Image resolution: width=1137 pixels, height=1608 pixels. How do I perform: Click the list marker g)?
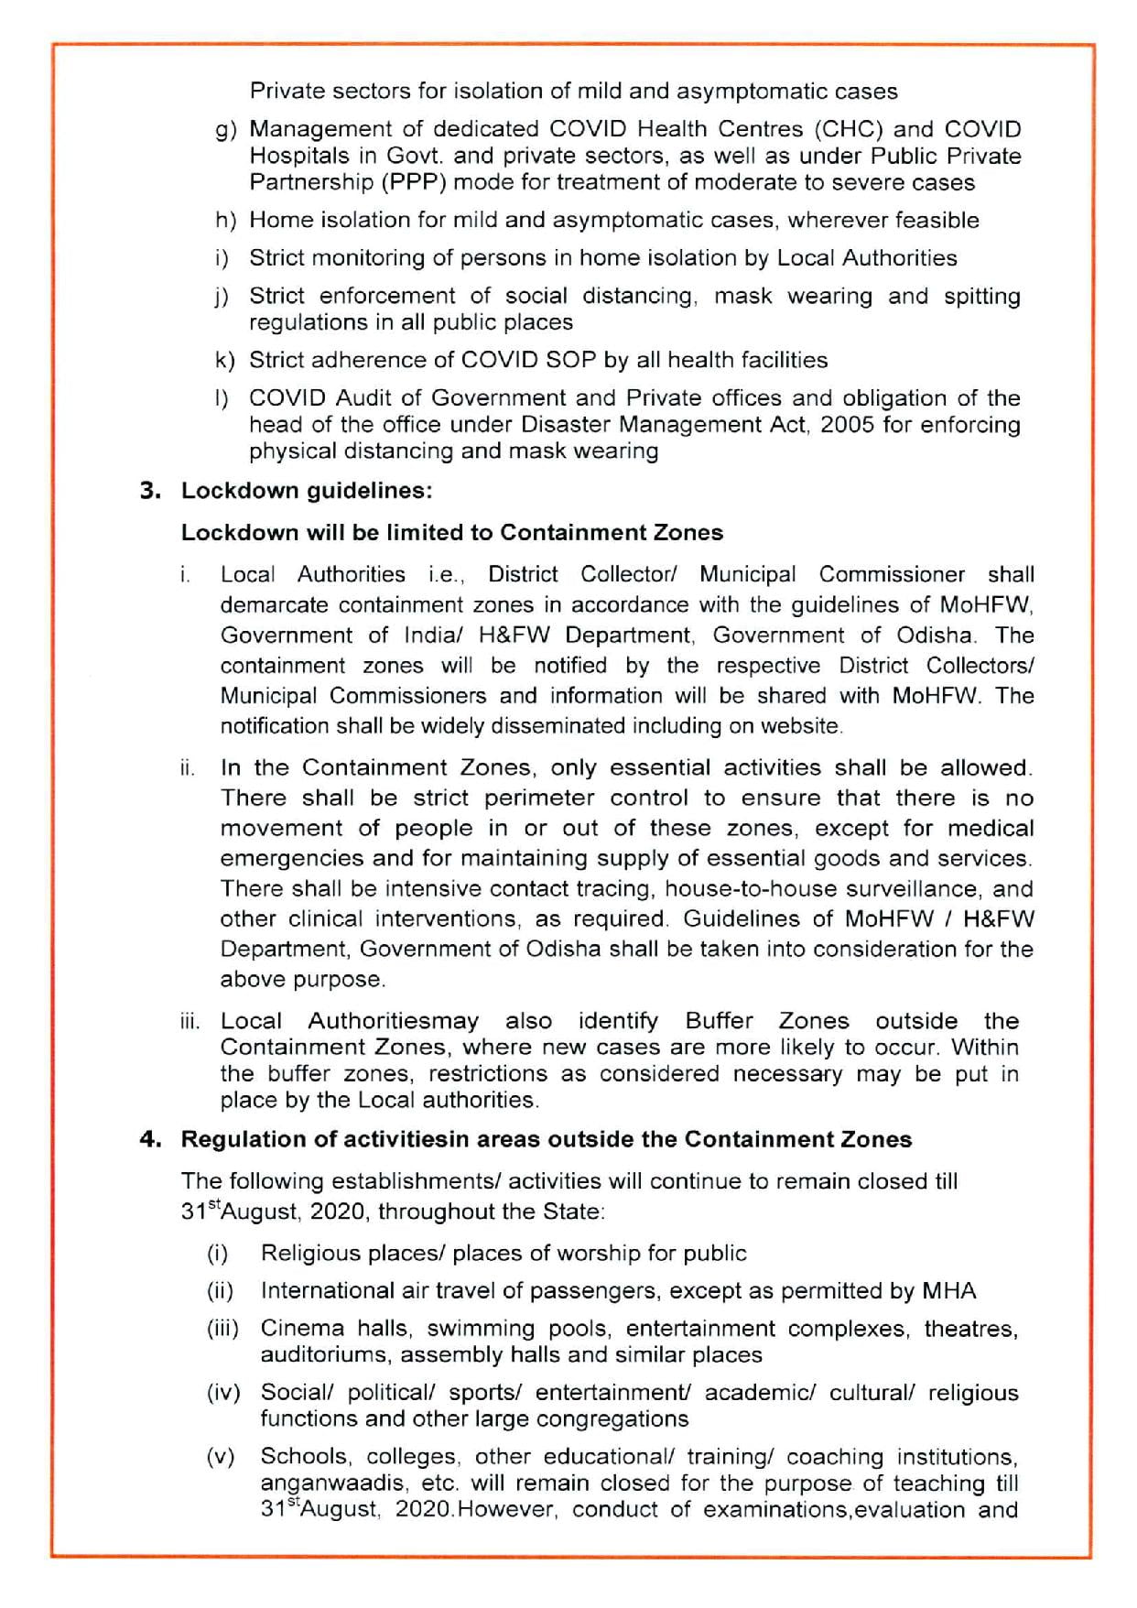(x=226, y=131)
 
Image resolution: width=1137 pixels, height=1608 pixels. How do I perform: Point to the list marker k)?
(x=225, y=361)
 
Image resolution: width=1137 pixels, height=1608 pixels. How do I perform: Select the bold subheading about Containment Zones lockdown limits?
(x=451, y=533)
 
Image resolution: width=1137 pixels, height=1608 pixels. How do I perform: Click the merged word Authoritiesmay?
(x=393, y=1021)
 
